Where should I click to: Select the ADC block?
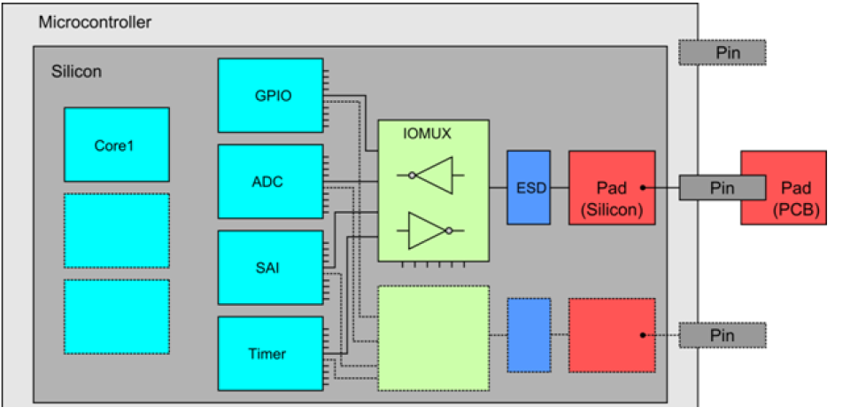tap(270, 182)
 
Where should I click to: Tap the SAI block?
tap(270, 268)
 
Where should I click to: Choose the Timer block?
tap(270, 353)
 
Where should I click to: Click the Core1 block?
tap(116, 145)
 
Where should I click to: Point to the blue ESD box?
tap(529, 187)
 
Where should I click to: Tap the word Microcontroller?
tap(95, 21)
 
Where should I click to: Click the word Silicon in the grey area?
tap(76, 71)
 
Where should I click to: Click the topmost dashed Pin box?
tap(723, 52)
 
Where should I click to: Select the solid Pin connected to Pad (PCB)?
tap(723, 187)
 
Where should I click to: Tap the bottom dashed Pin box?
tap(723, 336)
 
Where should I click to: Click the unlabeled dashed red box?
tap(612, 334)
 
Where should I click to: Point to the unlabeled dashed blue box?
tap(529, 334)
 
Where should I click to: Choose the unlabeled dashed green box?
tap(434, 338)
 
